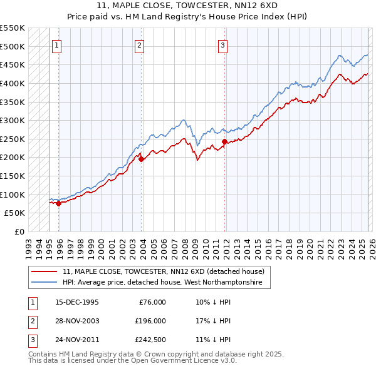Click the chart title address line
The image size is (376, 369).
point(188,5)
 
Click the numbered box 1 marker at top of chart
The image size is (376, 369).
point(57,44)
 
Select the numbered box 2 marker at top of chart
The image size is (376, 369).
point(139,44)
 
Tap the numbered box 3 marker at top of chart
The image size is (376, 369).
point(222,44)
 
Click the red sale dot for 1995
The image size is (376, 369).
point(58,203)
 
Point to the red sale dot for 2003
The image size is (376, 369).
point(141,159)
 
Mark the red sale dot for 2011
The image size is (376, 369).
point(224,142)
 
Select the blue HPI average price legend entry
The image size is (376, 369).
point(166,283)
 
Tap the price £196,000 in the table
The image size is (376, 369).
point(150,321)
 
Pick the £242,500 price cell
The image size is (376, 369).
point(150,340)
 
